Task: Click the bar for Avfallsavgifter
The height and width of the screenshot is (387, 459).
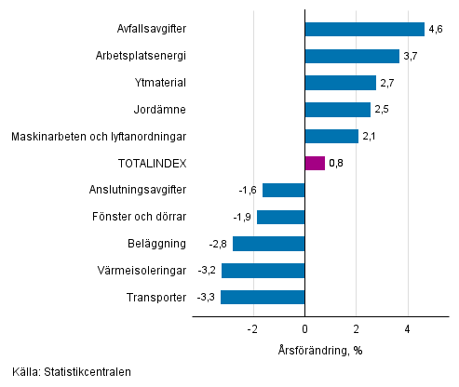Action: click(x=364, y=30)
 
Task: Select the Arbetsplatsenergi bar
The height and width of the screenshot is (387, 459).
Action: click(x=352, y=57)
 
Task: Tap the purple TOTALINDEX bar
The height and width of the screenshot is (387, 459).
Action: click(x=315, y=164)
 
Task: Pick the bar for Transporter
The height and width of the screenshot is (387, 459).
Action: click(x=263, y=298)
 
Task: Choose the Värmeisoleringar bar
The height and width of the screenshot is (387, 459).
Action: click(x=263, y=271)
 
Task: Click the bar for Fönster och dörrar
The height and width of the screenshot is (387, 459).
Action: click(x=280, y=217)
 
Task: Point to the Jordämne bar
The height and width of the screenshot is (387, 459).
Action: click(x=337, y=110)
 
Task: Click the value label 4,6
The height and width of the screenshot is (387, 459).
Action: click(x=435, y=30)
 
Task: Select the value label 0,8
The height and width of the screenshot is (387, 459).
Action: click(x=337, y=164)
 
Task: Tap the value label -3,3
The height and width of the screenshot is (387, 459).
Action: click(x=207, y=298)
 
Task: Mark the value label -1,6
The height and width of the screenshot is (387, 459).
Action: click(x=249, y=191)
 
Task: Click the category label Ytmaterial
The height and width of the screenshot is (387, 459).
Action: click(x=161, y=83)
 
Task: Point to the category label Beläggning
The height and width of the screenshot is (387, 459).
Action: click(x=158, y=244)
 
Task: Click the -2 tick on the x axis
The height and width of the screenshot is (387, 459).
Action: click(x=251, y=329)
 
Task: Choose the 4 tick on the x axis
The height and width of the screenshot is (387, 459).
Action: click(x=408, y=329)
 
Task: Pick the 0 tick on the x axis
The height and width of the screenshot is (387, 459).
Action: click(x=304, y=329)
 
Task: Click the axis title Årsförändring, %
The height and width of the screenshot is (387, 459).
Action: click(x=319, y=350)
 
